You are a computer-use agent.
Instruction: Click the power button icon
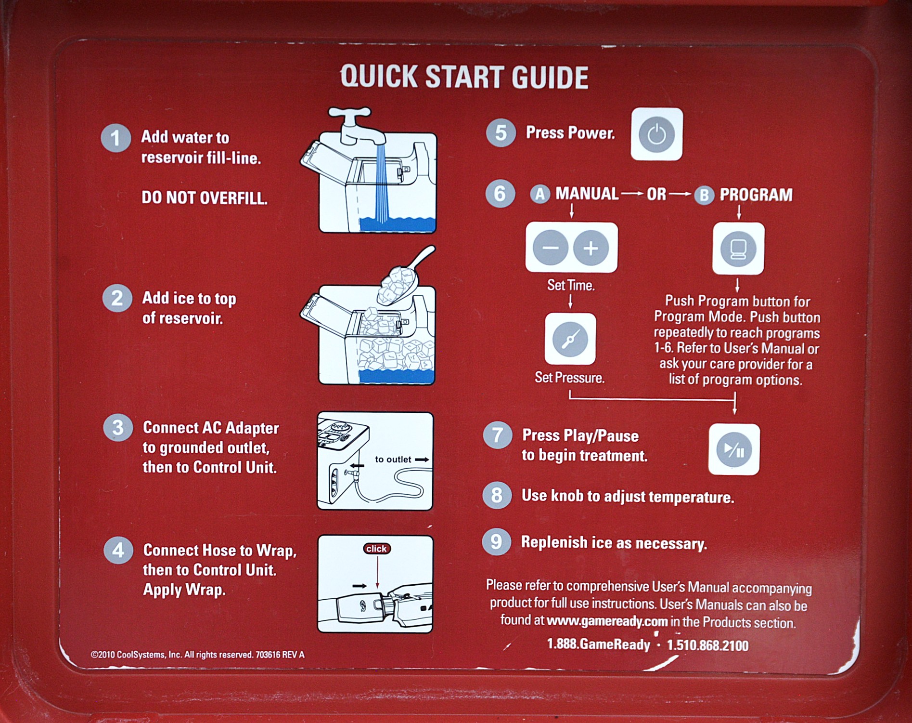(x=656, y=134)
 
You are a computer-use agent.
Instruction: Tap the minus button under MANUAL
(x=551, y=248)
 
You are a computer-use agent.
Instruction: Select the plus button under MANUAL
(x=591, y=248)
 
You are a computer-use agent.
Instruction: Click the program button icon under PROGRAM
(x=738, y=249)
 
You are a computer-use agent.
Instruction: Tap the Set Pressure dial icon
(x=570, y=339)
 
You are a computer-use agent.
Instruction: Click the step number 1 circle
(x=116, y=138)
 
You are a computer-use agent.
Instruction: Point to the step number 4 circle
(x=118, y=551)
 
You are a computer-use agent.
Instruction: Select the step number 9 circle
(x=496, y=541)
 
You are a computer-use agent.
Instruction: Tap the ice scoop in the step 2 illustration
(x=404, y=277)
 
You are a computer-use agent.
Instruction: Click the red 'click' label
(x=377, y=549)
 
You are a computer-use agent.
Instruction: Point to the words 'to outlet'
(x=393, y=460)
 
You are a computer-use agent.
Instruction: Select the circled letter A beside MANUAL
(x=540, y=195)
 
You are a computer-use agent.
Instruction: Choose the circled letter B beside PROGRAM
(x=704, y=195)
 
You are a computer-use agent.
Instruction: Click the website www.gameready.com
(x=607, y=621)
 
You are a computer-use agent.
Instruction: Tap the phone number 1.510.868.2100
(x=707, y=645)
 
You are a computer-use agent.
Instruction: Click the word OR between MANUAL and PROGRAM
(x=656, y=194)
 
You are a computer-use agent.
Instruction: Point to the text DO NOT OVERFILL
(x=204, y=197)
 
